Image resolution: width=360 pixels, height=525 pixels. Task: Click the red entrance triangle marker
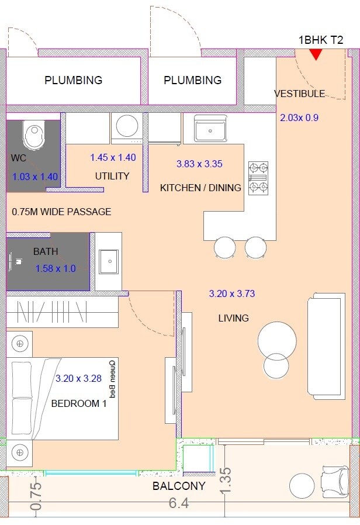pos(316,54)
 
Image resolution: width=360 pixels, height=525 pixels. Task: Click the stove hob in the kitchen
pos(258,178)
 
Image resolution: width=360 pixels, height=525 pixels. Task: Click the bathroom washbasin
pos(109,261)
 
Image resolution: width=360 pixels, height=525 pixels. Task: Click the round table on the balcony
pos(302,485)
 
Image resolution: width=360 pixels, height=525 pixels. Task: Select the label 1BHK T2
pos(320,40)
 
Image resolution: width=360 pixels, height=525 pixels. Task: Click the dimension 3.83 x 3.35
pos(200,164)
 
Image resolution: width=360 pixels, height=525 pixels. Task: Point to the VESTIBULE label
pos(299,94)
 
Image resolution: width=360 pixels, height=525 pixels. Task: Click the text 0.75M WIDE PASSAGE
pos(61,212)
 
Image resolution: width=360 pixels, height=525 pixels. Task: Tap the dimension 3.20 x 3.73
pos(232,294)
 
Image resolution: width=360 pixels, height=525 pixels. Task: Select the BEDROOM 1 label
pos(79,403)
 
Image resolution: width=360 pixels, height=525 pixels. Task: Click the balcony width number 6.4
pos(178,503)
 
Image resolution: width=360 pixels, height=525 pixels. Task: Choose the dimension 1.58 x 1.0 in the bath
pos(56,269)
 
